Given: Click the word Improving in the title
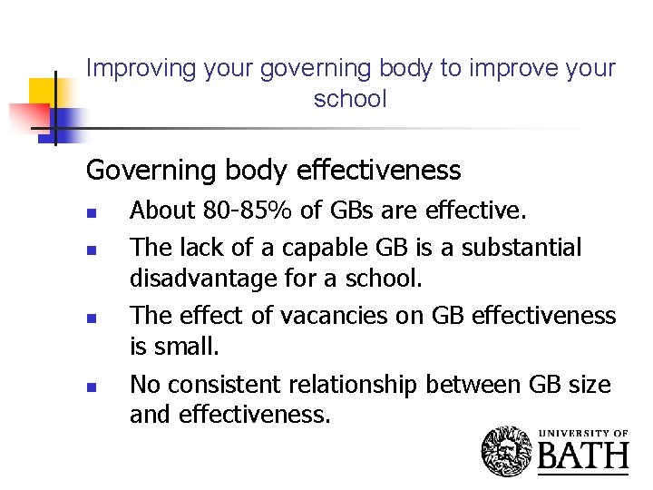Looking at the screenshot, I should tap(128, 69).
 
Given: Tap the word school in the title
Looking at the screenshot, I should tap(350, 99).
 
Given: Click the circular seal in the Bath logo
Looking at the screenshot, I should tap(506, 449).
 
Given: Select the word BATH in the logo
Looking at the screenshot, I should tap(583, 456).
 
